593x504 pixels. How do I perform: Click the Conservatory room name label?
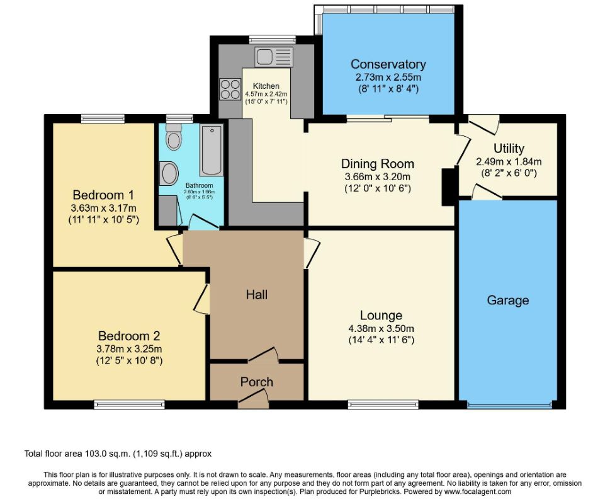[388, 64]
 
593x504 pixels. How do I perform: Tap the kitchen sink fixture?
[274, 55]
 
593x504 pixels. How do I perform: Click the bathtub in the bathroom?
[211, 150]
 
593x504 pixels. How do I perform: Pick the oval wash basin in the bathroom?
[169, 172]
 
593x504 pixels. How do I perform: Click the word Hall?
[257, 294]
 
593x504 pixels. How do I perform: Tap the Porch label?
[257, 382]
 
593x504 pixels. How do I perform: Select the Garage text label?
[507, 301]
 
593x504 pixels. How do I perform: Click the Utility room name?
[509, 149]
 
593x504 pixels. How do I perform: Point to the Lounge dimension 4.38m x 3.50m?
[381, 328]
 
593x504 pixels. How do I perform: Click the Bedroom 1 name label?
[103, 194]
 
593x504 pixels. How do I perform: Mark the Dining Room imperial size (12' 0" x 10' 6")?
[378, 188]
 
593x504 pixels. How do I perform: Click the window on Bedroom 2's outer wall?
[129, 404]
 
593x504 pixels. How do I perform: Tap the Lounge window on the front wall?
[383, 404]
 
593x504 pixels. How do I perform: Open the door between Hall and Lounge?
[310, 253]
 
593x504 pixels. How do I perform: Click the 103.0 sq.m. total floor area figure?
[106, 453]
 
